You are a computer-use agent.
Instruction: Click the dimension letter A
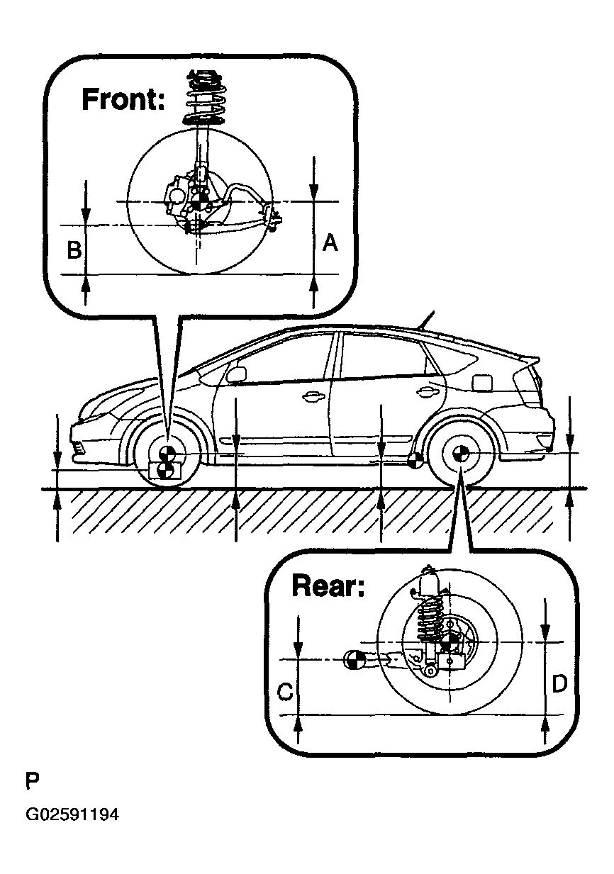click(330, 243)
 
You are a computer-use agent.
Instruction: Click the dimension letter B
click(73, 250)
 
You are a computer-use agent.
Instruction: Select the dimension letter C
click(285, 692)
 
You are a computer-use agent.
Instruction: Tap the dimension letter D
click(559, 684)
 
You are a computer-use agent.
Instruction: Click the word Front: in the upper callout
click(123, 99)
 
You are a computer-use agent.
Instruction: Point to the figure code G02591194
click(72, 815)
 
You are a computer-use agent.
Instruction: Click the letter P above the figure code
click(33, 782)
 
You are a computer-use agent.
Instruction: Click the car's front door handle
click(311, 398)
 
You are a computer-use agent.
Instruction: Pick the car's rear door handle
click(427, 390)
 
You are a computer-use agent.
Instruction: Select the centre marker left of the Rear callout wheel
click(353, 660)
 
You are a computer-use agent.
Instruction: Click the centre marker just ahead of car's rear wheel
click(416, 461)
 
